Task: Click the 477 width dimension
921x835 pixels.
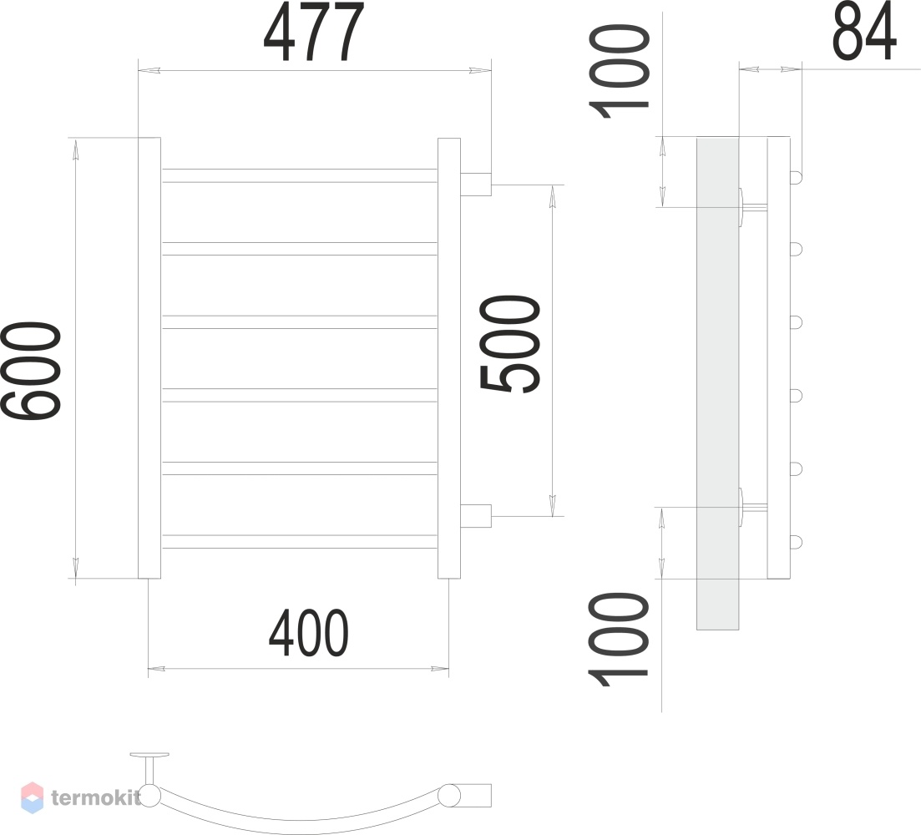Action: tap(314, 32)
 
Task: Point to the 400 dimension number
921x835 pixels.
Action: tap(308, 633)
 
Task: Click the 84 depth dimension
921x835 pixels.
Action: tap(864, 31)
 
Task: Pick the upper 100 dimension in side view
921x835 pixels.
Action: tap(619, 71)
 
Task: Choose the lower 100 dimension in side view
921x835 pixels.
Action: tap(619, 640)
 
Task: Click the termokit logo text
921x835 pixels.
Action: tap(96, 797)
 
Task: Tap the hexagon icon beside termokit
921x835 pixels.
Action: tap(33, 797)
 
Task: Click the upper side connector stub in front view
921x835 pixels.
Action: tap(476, 184)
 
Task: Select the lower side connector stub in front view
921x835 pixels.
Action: tap(476, 516)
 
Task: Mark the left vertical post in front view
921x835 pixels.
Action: tap(149, 358)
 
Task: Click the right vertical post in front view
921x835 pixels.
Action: tap(449, 358)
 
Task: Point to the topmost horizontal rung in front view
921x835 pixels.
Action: tap(300, 175)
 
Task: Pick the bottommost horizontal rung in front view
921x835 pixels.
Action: tap(300, 541)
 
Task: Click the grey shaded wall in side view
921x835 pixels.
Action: tap(718, 383)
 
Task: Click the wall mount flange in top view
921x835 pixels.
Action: tap(149, 755)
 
